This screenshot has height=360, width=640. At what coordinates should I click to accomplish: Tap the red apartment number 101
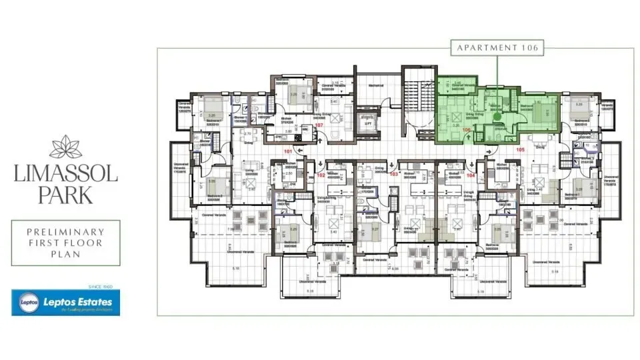pos(289,151)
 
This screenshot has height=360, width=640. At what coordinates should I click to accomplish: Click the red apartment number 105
pos(521,151)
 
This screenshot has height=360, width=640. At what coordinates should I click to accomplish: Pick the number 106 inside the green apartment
pos(467,130)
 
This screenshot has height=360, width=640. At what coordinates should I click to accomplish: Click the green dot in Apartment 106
pos(497,115)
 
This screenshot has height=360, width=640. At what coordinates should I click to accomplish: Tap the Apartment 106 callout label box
pos(497,48)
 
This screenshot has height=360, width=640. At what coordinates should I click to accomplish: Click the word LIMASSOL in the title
pos(65,175)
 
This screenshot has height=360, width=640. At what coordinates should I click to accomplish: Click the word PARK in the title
pos(65,196)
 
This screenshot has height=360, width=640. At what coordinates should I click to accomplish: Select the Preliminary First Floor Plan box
pos(65,243)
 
